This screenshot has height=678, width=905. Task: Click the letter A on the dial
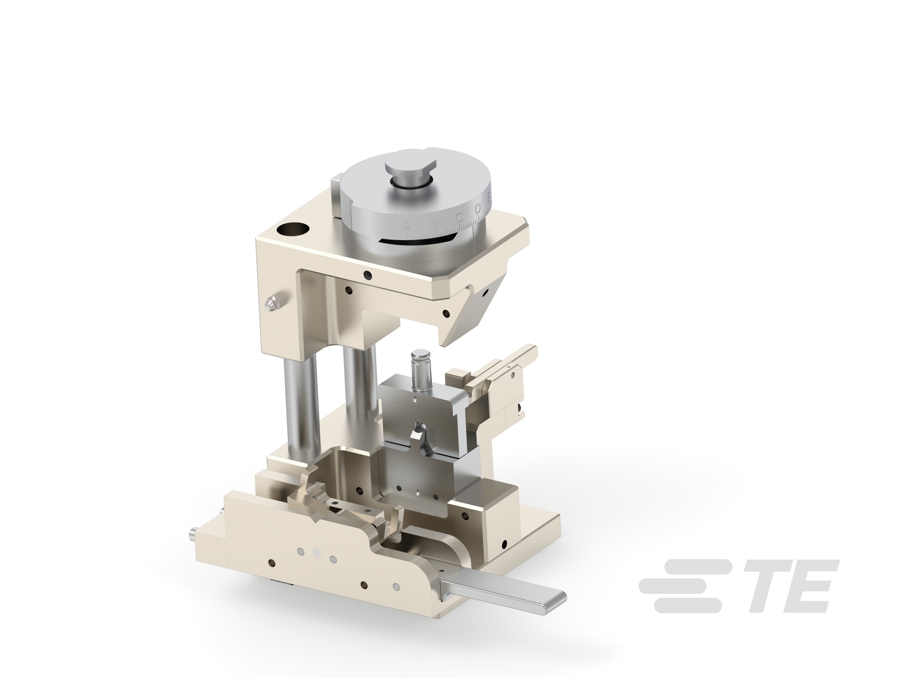tap(407, 226)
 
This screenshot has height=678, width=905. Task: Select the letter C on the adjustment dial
tap(459, 216)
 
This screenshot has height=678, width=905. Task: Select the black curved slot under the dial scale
tap(413, 241)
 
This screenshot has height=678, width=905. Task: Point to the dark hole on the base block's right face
tap(504, 544)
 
